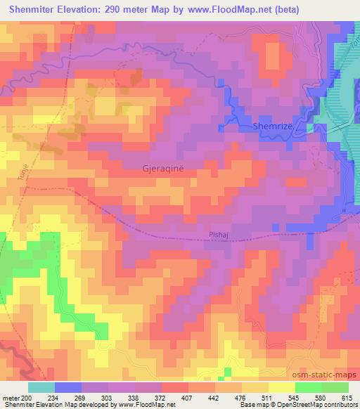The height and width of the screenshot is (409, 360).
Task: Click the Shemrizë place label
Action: pos(276,126)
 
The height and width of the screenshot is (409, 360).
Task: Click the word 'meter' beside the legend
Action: pos(10,397)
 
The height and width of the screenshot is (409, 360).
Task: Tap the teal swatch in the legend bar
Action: pos(41,387)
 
